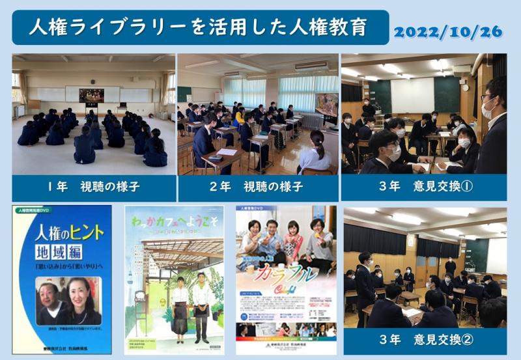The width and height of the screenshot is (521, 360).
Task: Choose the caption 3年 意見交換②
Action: [425, 340]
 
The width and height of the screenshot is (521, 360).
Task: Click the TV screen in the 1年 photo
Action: [91, 95]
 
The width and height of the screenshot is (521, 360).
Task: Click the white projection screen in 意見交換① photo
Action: [412, 94]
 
